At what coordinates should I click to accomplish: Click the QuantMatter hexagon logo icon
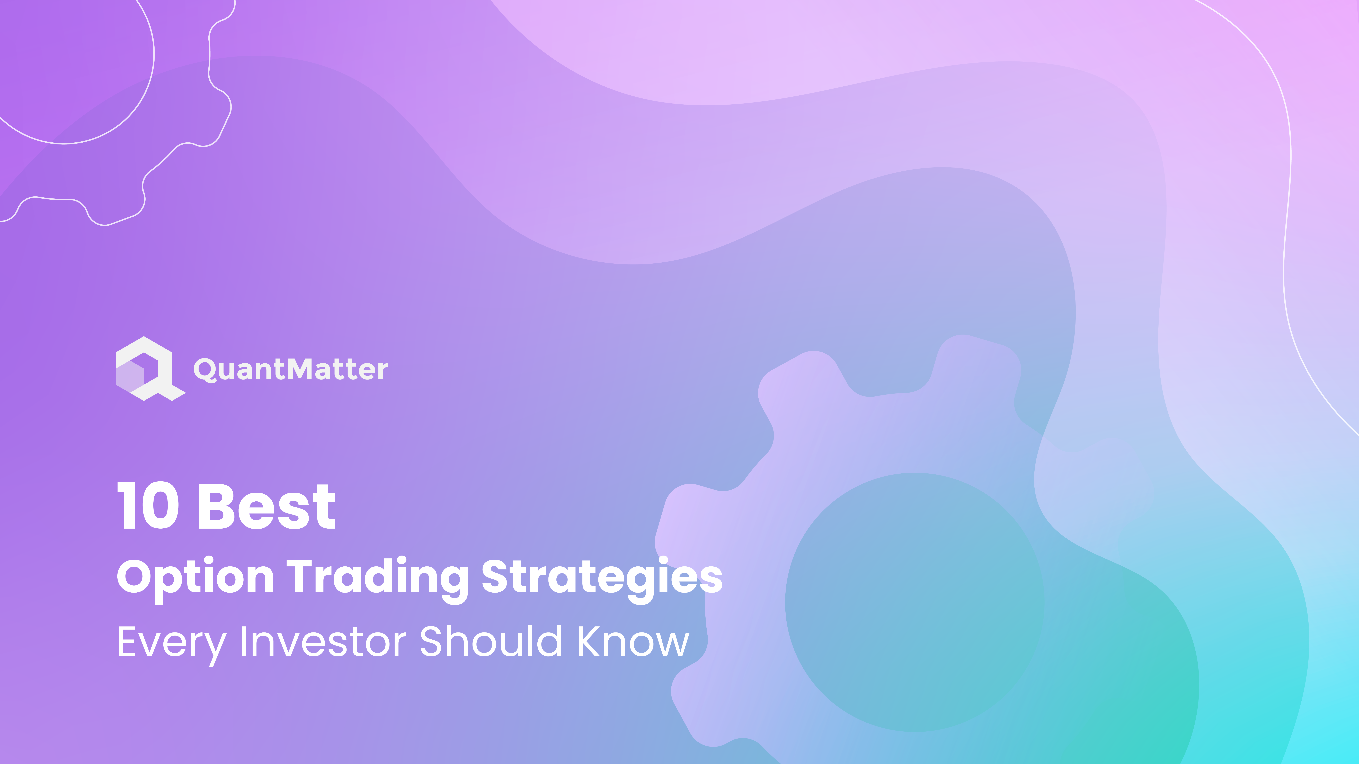[x=150, y=369]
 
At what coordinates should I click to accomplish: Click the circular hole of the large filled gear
[x=915, y=602]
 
